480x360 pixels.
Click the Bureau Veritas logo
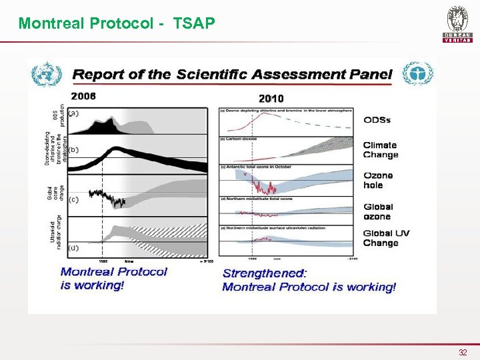coord(457,25)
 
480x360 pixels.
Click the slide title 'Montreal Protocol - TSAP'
coord(117,24)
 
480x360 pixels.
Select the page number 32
coord(463,351)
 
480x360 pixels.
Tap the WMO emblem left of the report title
coord(47,73)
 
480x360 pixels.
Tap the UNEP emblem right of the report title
coord(418,73)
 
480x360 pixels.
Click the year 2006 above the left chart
coord(83,96)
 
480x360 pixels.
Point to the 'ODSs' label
coord(377,120)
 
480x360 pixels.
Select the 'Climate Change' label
coord(380,150)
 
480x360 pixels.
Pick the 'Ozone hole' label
coord(378,180)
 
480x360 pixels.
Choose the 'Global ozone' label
coord(378,211)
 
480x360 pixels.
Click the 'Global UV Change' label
coord(386,238)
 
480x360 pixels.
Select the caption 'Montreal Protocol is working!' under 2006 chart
coord(113,278)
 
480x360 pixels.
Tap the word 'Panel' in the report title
coord(367,74)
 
